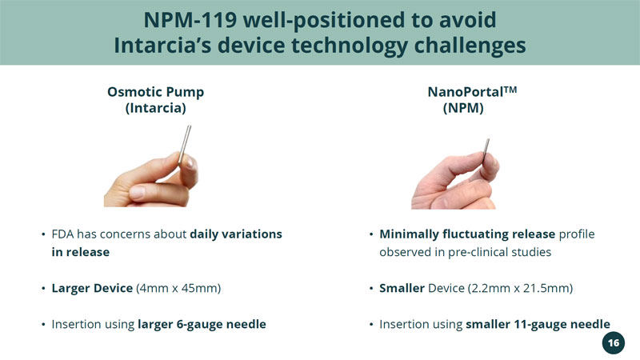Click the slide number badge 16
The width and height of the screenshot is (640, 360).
(x=613, y=343)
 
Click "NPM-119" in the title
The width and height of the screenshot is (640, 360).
(x=190, y=20)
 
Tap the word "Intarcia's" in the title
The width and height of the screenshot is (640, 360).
(x=162, y=45)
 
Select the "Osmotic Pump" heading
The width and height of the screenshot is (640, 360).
(x=155, y=92)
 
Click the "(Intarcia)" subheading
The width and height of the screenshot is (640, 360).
(x=155, y=108)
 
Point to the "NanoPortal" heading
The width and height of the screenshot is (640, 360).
(x=466, y=92)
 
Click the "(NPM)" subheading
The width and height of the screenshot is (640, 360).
(x=463, y=108)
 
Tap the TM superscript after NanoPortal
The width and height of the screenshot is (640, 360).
(x=510, y=90)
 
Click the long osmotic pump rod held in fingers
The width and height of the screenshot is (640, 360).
(x=185, y=144)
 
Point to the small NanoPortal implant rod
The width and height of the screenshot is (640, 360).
(x=486, y=150)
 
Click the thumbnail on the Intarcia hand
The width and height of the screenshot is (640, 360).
(x=137, y=191)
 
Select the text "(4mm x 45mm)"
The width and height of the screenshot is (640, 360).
(x=178, y=288)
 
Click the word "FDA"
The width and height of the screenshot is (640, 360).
(x=62, y=234)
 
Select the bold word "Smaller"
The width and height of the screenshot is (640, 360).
(x=402, y=288)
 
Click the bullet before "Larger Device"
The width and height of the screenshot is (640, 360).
(x=43, y=289)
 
